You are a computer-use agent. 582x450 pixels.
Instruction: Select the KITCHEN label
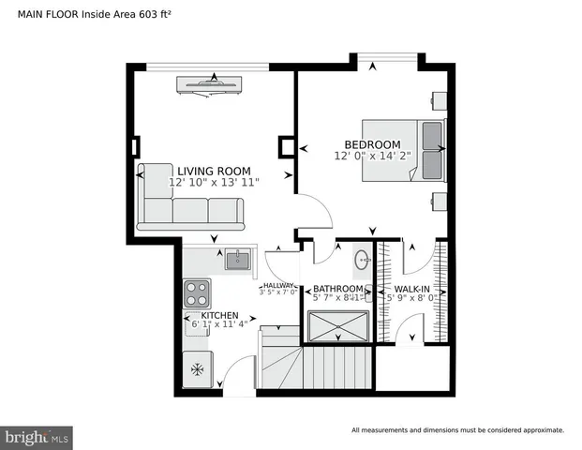[x=213, y=315]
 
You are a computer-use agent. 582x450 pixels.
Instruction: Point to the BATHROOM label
[x=337, y=289]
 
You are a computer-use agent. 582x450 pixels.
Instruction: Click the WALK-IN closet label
[x=412, y=289]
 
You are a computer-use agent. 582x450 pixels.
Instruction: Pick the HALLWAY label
[x=278, y=285]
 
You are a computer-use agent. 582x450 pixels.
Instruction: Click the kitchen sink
[x=237, y=260]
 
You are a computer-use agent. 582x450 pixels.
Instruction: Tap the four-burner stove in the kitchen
[x=197, y=292]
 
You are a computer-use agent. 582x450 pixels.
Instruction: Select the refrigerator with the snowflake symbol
[x=198, y=369]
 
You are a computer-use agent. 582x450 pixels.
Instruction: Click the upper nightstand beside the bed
[x=438, y=99]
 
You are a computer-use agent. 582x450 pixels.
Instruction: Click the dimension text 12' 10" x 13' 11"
[x=214, y=182]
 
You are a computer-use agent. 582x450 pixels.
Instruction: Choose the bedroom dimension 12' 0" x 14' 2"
[x=372, y=156]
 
